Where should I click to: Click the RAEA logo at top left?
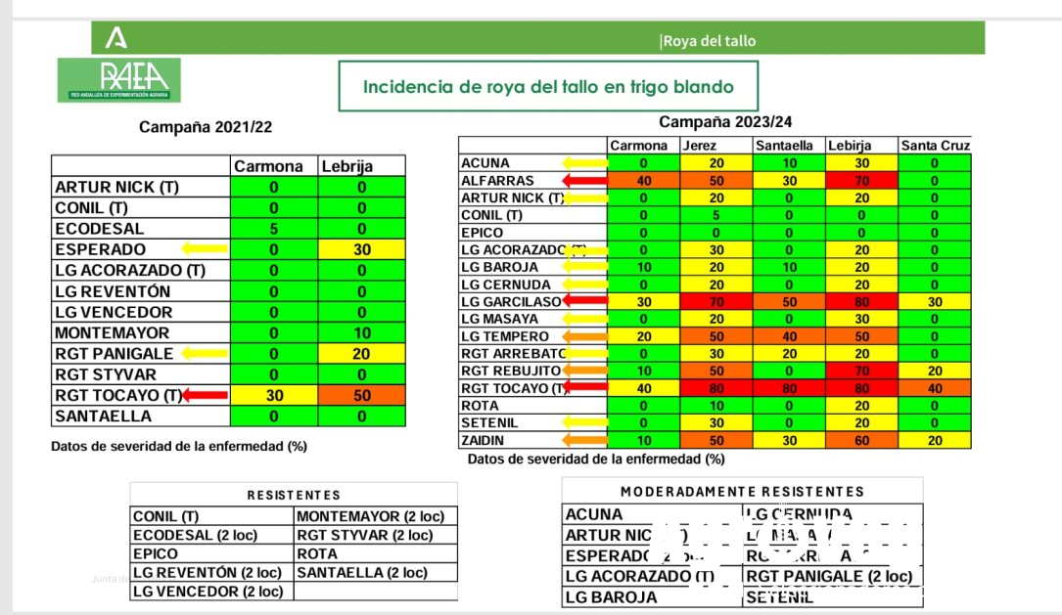click(118, 79)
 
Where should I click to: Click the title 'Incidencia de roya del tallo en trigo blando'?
click(548, 86)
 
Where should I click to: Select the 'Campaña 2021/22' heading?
click(206, 127)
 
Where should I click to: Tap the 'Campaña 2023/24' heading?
click(726, 122)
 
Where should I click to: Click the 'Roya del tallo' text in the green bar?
click(709, 41)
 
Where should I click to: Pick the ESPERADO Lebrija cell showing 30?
click(360, 249)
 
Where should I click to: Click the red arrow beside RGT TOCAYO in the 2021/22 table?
click(204, 395)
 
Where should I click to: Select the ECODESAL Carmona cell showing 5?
click(274, 229)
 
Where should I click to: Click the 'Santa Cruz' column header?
click(935, 146)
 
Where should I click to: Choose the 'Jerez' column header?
click(699, 146)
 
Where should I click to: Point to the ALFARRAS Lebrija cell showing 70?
click(861, 181)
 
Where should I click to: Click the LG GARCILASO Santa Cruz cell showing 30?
click(935, 302)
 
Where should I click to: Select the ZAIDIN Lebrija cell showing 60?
click(861, 441)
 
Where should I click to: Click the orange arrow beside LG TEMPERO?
click(585, 336)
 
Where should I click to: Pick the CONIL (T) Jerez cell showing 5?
click(716, 215)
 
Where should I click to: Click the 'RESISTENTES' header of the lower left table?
click(294, 496)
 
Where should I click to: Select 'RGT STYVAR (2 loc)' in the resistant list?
click(364, 536)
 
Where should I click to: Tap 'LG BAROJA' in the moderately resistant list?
click(606, 596)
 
